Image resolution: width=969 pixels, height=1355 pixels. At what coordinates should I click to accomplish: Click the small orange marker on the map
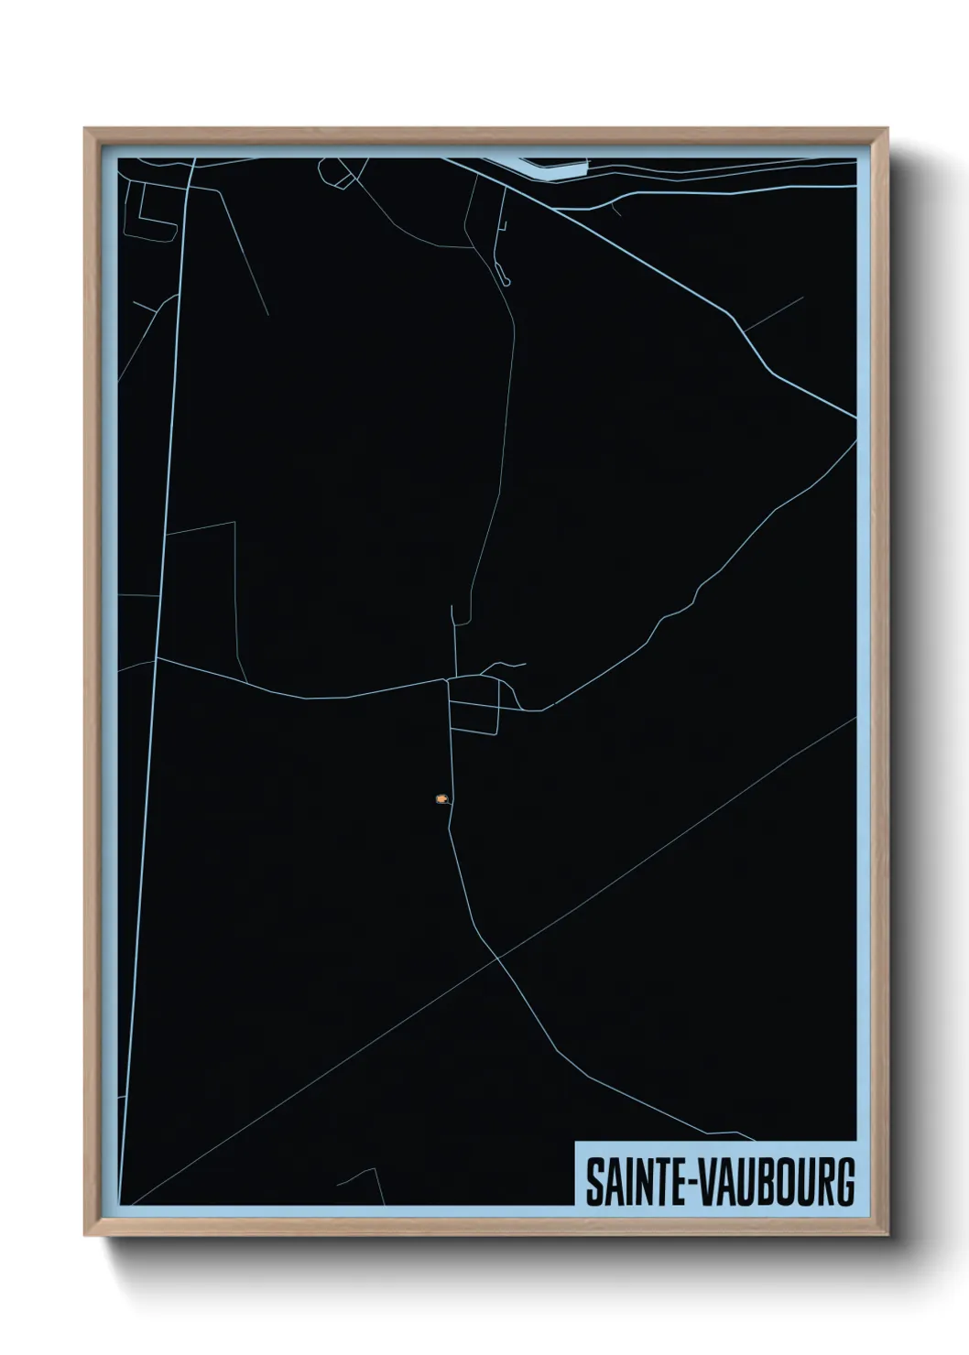(x=442, y=798)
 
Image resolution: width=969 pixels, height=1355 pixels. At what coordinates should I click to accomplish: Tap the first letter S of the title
(x=593, y=1183)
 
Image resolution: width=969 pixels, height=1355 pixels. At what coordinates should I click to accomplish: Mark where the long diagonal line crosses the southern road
(x=497, y=959)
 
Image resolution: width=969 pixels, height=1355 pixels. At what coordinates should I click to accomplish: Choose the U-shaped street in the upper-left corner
(x=151, y=215)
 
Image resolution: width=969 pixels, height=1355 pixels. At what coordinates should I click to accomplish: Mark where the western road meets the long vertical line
(x=158, y=657)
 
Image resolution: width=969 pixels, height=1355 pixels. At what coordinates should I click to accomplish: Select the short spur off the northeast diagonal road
(x=775, y=313)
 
